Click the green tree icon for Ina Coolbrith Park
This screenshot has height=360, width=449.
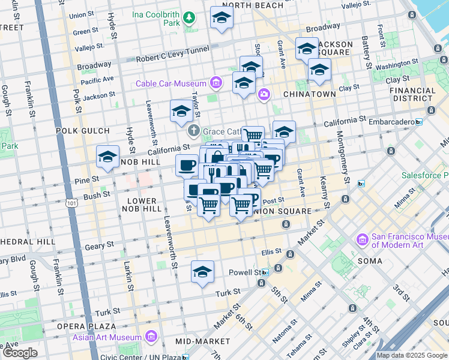tap(190, 17)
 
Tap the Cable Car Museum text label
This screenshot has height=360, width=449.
tap(170, 83)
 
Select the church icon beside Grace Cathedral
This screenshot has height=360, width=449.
tap(193, 130)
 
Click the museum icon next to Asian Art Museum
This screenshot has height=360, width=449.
tap(152, 336)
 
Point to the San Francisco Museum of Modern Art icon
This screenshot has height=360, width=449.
tap(362, 241)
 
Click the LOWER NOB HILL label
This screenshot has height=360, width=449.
tap(142, 205)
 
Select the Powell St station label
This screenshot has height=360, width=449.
tap(244, 272)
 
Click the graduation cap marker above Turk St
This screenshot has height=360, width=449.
tap(203, 271)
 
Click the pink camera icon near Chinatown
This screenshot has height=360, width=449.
tap(264, 94)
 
